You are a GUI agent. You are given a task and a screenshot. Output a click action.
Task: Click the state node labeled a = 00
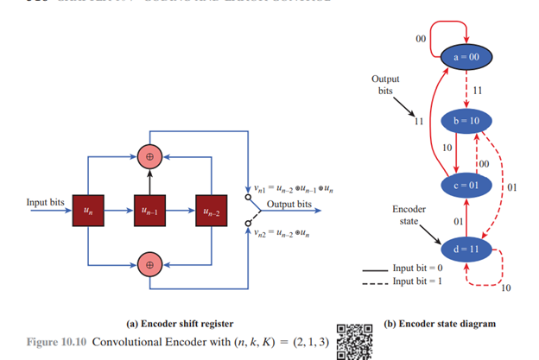click(x=466, y=56)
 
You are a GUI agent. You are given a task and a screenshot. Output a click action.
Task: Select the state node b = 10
click(x=466, y=120)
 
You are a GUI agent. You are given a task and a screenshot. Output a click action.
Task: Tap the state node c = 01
click(x=466, y=185)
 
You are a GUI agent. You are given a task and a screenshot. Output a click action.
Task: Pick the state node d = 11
click(x=466, y=249)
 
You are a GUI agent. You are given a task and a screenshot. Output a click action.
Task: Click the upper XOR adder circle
click(x=149, y=156)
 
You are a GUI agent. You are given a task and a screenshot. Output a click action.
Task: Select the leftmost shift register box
click(x=88, y=209)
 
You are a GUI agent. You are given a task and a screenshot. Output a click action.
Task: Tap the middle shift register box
click(x=149, y=209)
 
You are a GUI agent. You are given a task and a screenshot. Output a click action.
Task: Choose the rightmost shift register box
click(x=209, y=209)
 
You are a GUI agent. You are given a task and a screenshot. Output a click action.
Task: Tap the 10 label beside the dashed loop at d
click(x=505, y=288)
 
